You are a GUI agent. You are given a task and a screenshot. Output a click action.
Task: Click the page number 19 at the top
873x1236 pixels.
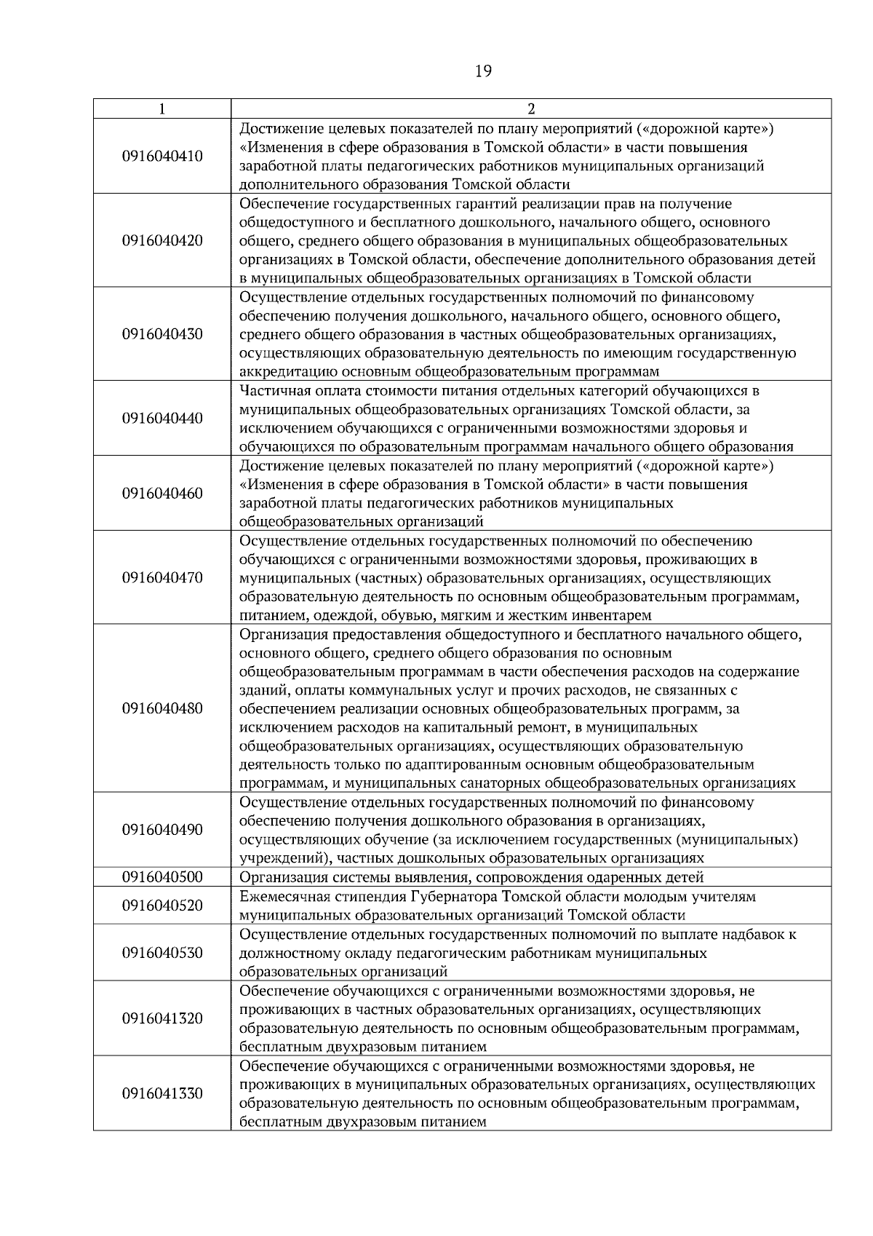(483, 71)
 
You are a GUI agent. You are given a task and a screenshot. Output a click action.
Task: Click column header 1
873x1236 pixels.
(162, 108)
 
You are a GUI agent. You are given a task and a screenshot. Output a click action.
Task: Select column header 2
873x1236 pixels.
(531, 108)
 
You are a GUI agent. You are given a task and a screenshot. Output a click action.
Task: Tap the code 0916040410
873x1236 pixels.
(162, 157)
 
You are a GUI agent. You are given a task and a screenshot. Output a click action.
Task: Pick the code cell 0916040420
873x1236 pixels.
(162, 241)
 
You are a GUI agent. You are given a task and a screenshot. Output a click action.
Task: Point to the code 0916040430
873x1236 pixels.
(162, 334)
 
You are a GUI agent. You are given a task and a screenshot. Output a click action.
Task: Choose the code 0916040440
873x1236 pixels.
(162, 419)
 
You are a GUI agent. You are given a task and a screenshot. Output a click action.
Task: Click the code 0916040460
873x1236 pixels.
(162, 494)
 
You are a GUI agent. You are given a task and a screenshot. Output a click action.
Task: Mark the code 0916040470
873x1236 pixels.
(162, 578)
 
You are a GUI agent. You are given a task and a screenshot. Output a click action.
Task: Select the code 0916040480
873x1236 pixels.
(162, 708)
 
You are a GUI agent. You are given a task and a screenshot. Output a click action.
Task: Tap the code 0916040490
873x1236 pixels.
(162, 830)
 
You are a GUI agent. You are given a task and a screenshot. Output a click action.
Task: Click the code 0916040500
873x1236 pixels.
(162, 876)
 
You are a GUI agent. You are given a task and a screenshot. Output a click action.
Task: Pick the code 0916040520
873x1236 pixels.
(162, 906)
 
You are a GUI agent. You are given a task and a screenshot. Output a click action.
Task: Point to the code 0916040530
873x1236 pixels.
(162, 953)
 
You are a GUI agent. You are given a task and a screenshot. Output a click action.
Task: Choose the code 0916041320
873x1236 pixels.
(162, 1018)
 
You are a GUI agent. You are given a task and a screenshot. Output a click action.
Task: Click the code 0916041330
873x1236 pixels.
(162, 1093)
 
